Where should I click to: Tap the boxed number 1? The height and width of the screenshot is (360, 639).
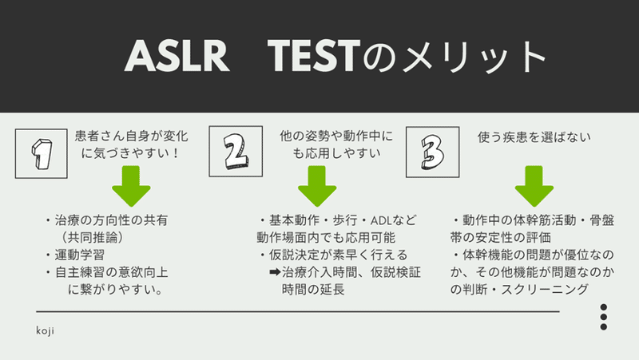(x=38, y=152)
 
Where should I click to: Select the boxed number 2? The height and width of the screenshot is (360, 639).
(x=234, y=152)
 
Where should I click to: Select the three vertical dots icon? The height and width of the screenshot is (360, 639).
(x=604, y=317)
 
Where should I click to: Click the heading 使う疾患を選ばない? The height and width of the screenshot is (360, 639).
(x=534, y=136)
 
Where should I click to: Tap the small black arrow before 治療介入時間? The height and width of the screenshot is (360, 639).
(x=274, y=273)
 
